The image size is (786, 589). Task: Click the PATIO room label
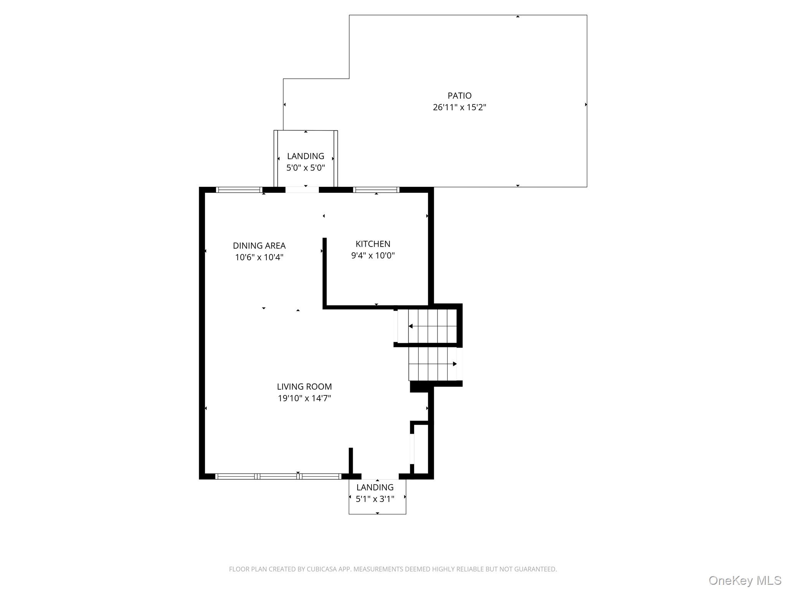click(x=459, y=95)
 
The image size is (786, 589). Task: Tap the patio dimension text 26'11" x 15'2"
click(x=459, y=107)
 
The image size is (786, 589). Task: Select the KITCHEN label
click(x=373, y=244)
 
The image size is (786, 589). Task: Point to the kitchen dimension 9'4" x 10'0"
click(x=373, y=255)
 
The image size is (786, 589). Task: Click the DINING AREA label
click(x=259, y=245)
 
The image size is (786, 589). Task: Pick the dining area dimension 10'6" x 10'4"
click(x=259, y=257)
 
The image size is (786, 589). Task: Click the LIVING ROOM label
click(x=304, y=387)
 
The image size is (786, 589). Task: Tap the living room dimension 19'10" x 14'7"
click(x=304, y=398)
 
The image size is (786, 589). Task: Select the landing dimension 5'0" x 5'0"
click(x=305, y=168)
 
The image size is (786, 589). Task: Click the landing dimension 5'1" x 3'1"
click(x=375, y=499)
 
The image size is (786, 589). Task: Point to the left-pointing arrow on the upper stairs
click(x=411, y=326)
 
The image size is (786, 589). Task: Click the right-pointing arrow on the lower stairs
click(x=454, y=364)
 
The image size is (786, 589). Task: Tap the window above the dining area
click(x=239, y=190)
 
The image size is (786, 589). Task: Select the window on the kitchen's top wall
click(x=376, y=190)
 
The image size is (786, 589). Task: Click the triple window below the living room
click(x=278, y=476)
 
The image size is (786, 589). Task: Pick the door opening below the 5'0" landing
click(x=302, y=190)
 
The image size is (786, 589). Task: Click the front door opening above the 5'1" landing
click(x=380, y=477)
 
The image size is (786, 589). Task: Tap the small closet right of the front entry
click(x=421, y=449)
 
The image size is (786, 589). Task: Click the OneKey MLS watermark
click(x=745, y=580)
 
